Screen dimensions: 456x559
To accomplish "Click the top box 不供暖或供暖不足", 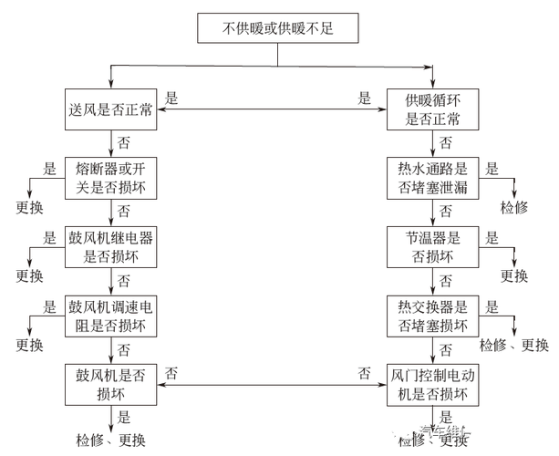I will [277, 28].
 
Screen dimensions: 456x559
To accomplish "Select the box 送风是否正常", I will [111, 110].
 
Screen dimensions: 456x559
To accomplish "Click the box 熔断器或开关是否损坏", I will [111, 179].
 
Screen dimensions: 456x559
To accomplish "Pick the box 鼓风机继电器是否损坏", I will [111, 247].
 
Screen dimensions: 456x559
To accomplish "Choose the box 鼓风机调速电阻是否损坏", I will [111, 315].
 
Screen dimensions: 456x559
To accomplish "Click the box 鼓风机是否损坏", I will [111, 384].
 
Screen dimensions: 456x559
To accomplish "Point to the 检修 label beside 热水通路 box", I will [514, 207].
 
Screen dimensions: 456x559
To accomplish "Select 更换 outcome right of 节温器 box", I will [514, 275].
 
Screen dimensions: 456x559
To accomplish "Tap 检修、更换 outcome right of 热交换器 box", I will [514, 344].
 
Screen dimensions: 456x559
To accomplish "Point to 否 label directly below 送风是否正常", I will [124, 143].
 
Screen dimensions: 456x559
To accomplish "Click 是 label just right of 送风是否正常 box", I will [171, 96].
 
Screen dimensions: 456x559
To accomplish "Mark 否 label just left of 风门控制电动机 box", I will [364, 372].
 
